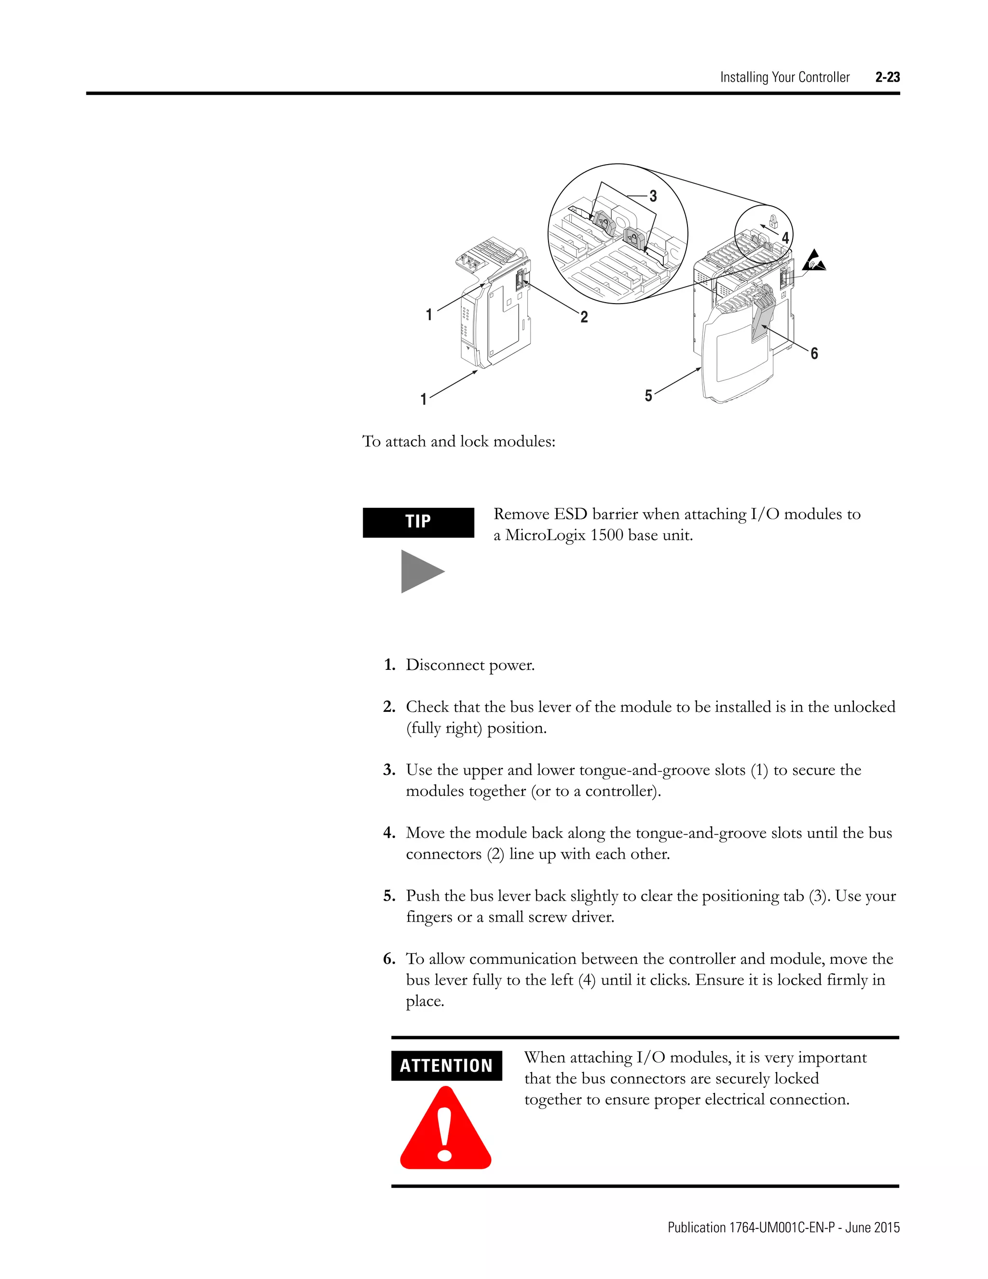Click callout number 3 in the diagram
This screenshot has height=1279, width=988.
[653, 196]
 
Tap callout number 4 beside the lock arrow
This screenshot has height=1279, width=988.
[785, 238]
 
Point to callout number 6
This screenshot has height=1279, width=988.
[814, 353]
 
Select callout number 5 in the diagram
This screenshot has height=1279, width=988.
[648, 396]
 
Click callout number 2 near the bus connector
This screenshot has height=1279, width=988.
[584, 317]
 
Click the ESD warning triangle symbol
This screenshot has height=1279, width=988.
[813, 262]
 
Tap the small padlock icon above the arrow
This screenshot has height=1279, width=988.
[773, 222]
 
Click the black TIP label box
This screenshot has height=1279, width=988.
[418, 522]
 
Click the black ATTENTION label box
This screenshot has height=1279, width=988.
[446, 1065]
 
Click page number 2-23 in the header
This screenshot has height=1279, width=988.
[887, 77]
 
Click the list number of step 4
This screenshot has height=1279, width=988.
[389, 832]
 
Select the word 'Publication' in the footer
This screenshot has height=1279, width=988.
[697, 1227]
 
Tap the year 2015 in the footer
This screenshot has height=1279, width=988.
[886, 1227]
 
